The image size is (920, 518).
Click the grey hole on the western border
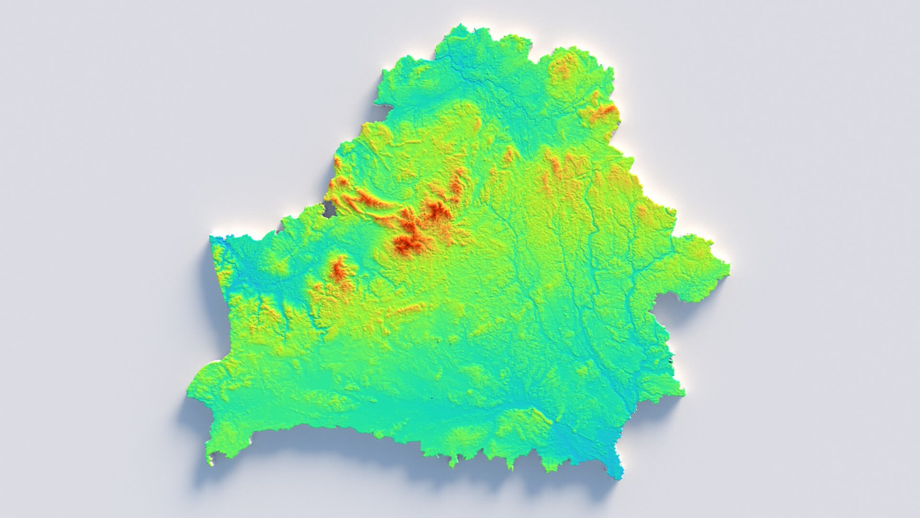[329, 209]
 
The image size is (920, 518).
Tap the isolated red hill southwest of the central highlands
[339, 270]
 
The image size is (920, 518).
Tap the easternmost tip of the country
[729, 265]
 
